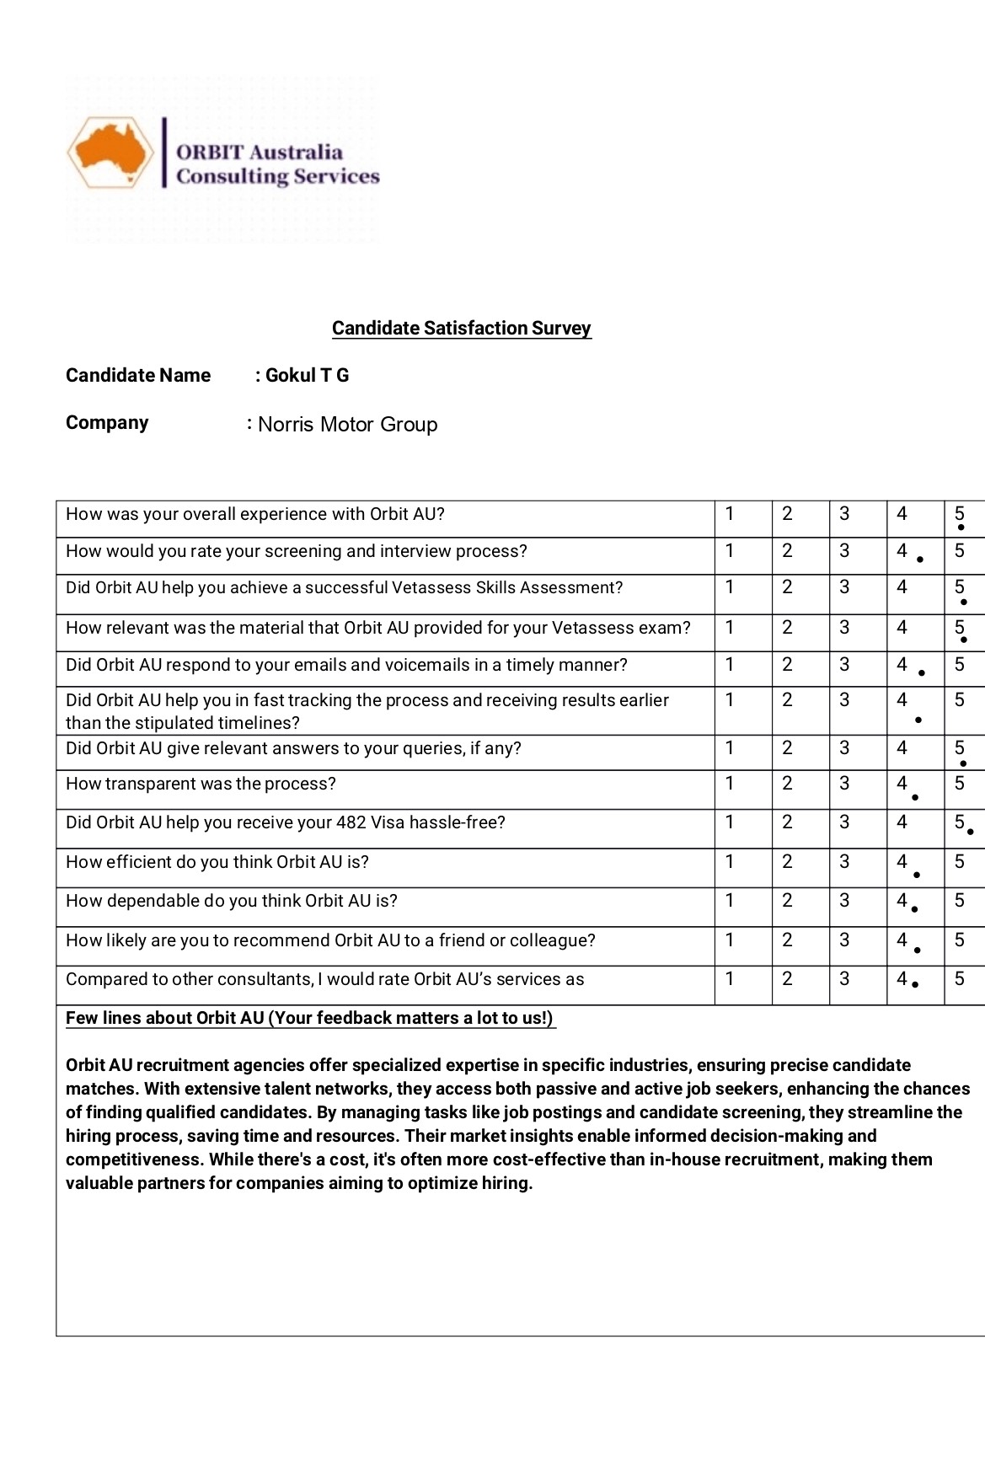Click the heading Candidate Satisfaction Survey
pyautogui.click(x=461, y=328)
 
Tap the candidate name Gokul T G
pyautogui.click(x=307, y=375)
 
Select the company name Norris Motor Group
pyautogui.click(x=347, y=424)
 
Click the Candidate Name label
pyautogui.click(x=138, y=375)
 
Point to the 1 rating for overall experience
pyautogui.click(x=730, y=513)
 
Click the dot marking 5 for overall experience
pyautogui.click(x=961, y=527)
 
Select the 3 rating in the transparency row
pyautogui.click(x=844, y=783)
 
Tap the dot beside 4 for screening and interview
pyautogui.click(x=920, y=560)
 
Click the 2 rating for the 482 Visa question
pyautogui.click(x=787, y=822)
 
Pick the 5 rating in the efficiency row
pyautogui.click(x=959, y=861)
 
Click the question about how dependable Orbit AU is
pyautogui.click(x=232, y=901)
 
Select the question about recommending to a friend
pyautogui.click(x=330, y=940)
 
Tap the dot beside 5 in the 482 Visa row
pyautogui.click(x=970, y=832)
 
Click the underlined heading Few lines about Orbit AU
pyautogui.click(x=309, y=1018)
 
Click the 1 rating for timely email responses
pyautogui.click(x=730, y=664)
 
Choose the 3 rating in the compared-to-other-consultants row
pyautogui.click(x=844, y=978)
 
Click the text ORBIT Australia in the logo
pyautogui.click(x=260, y=153)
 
